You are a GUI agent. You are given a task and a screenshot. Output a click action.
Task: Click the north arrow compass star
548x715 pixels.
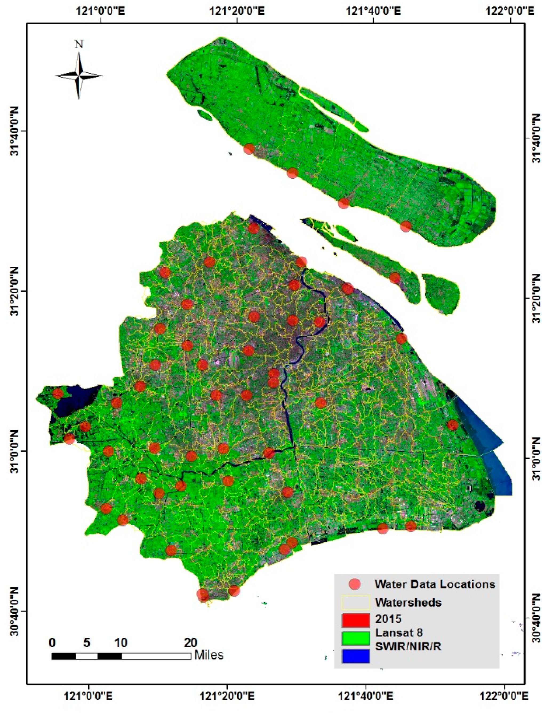pyautogui.click(x=79, y=76)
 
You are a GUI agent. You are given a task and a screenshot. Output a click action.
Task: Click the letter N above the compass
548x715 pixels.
pyautogui.click(x=79, y=44)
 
